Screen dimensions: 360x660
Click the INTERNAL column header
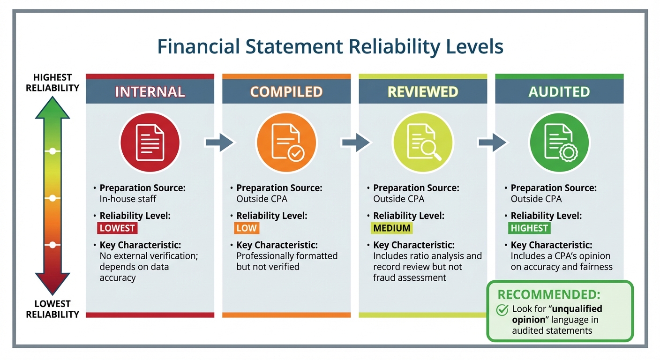(x=150, y=92)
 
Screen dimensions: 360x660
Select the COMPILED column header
(x=286, y=92)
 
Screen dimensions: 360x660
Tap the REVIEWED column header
(x=423, y=92)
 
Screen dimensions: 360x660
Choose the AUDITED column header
(x=559, y=92)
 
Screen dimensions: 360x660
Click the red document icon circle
(x=150, y=142)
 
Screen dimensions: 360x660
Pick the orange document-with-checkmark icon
(x=286, y=142)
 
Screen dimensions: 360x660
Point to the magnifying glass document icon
(x=423, y=142)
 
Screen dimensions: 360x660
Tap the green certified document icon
(x=559, y=142)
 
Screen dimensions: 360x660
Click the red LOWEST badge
(x=117, y=228)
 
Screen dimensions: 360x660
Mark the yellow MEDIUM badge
(x=392, y=228)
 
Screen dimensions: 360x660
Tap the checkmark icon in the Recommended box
(x=502, y=310)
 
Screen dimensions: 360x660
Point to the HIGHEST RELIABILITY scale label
(x=52, y=82)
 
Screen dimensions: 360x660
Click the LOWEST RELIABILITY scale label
(x=52, y=309)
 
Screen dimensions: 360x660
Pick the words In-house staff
(x=128, y=199)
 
